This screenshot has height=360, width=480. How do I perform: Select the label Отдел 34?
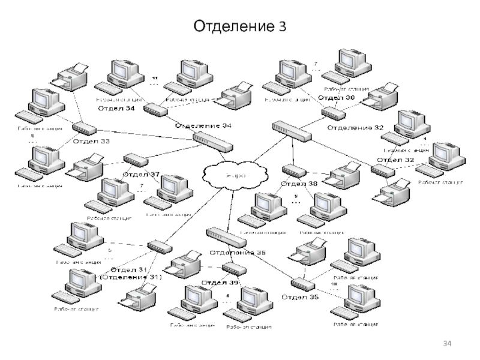tap(116, 109)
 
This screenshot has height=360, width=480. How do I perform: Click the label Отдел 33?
tap(91, 142)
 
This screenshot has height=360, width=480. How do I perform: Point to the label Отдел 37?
tap(141, 175)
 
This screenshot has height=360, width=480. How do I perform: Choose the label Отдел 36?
tap(336, 97)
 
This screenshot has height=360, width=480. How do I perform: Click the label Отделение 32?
tap(355, 127)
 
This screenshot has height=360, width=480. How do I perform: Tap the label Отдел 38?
tap(299, 184)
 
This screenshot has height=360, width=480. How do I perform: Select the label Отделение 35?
tap(236, 253)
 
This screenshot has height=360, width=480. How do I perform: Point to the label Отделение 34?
tap(203, 125)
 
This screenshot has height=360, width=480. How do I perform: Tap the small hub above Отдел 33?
tap(83, 128)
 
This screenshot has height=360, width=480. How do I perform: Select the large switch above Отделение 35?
tap(225, 237)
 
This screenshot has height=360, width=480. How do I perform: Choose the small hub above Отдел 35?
tap(302, 283)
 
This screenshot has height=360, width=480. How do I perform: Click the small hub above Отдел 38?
tap(292, 170)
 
